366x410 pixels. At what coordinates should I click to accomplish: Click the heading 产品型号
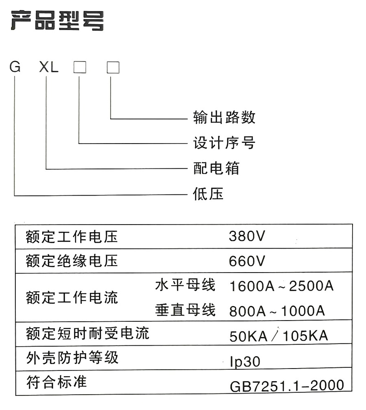click(x=57, y=21)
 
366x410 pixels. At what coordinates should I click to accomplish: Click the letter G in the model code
click(x=15, y=67)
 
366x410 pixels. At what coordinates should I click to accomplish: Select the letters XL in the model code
click(x=49, y=67)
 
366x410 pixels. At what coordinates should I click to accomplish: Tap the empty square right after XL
click(x=80, y=67)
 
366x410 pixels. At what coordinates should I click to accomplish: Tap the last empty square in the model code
click(x=113, y=67)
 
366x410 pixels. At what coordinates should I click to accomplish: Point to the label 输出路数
click(x=224, y=117)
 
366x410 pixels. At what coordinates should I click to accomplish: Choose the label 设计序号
click(x=224, y=143)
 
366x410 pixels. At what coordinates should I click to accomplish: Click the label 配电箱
click(x=216, y=168)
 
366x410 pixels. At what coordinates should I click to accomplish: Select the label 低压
click(x=208, y=194)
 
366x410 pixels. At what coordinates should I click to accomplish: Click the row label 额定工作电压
click(x=72, y=237)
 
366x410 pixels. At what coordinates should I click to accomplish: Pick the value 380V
click(x=247, y=236)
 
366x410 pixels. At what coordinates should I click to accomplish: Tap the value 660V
click(x=247, y=261)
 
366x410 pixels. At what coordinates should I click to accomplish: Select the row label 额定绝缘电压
click(x=72, y=261)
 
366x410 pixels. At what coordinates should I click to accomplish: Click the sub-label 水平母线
click(x=185, y=285)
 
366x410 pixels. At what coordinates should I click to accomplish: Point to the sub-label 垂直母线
click(x=185, y=310)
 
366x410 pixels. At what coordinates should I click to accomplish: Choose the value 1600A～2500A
click(x=281, y=286)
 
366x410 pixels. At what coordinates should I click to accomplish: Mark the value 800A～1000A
click(x=277, y=311)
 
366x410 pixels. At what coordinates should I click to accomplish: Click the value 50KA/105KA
click(x=279, y=336)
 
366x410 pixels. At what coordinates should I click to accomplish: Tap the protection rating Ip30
click(x=245, y=362)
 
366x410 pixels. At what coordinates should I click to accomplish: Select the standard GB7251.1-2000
click(x=287, y=386)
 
